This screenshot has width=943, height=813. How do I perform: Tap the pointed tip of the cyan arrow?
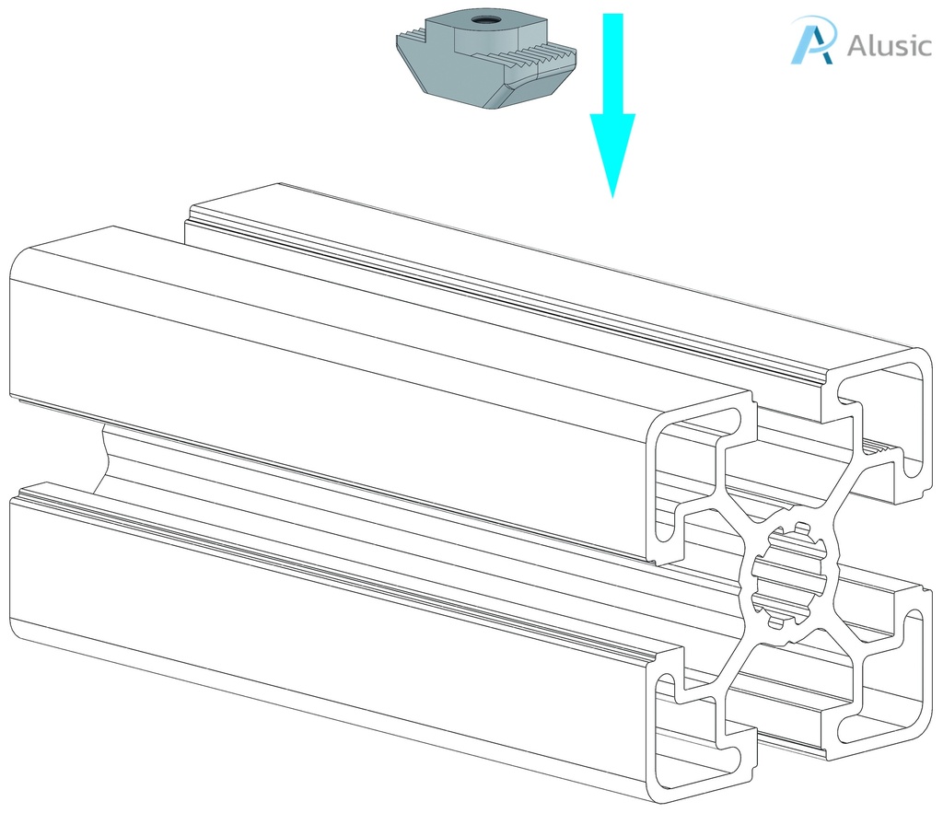click(x=612, y=197)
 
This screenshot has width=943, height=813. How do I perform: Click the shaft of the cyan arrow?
click(x=612, y=64)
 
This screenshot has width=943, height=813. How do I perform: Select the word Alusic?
click(x=889, y=45)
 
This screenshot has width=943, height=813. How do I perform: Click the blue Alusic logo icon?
click(x=813, y=40)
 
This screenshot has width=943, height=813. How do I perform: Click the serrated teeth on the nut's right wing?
click(x=530, y=58)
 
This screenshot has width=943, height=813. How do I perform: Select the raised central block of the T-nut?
click(x=486, y=33)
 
